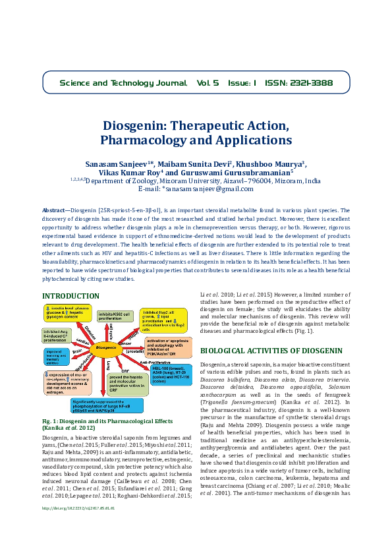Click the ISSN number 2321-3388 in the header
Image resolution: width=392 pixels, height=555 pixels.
308,84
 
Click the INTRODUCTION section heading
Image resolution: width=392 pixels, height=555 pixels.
71,296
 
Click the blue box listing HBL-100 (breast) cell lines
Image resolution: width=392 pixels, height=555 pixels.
168,374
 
